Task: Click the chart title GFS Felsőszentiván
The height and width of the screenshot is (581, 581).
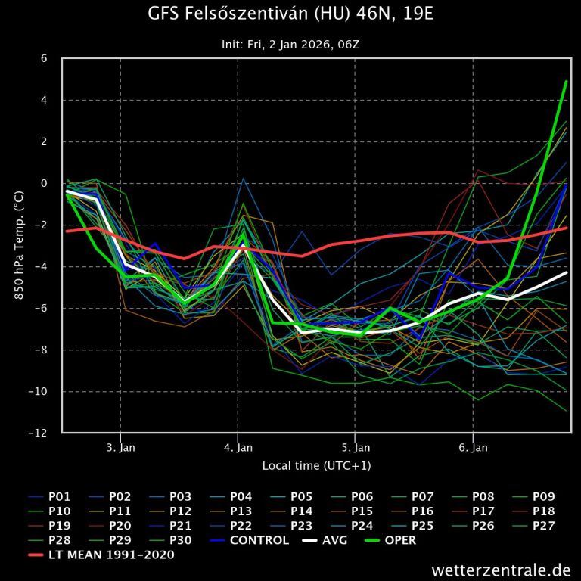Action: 290,15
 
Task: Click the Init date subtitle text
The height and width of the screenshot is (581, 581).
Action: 290,45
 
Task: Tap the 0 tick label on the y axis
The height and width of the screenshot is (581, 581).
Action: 43,184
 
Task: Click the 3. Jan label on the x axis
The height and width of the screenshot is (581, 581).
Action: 120,448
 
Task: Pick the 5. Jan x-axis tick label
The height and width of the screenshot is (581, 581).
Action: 355,448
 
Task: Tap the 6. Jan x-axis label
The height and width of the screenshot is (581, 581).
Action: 473,448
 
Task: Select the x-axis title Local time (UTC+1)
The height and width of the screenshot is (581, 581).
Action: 316,465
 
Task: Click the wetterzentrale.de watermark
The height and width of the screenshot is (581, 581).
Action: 501,569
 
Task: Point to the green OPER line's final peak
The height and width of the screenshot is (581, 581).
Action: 567,81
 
